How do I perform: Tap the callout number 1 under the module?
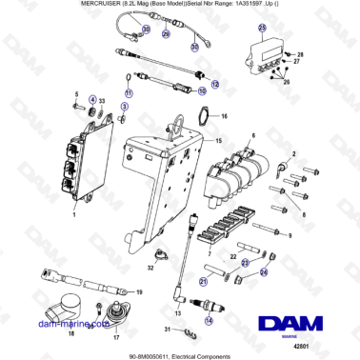pos(74,216)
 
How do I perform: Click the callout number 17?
pos(116,336)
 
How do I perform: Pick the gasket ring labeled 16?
pos(202,117)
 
